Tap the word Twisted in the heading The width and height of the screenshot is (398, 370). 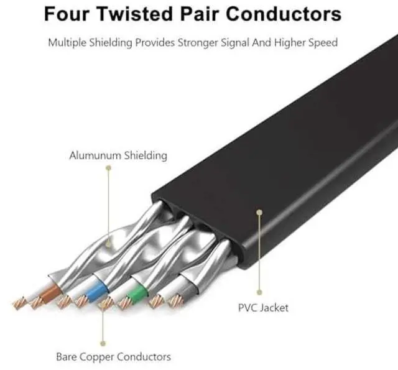[138, 14]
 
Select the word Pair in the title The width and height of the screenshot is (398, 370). [201, 14]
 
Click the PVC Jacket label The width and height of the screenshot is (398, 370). [263, 307]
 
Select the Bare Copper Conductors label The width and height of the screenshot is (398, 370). [113, 357]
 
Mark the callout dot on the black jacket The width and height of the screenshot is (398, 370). [259, 213]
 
